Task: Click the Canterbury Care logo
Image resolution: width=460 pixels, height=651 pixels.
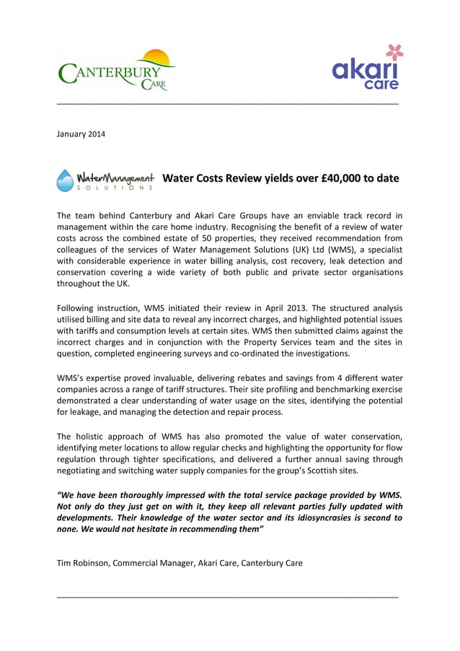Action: [x=115, y=71]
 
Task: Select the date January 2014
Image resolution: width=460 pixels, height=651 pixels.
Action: [x=80, y=134]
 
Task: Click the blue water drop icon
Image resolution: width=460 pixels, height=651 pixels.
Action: [x=65, y=180]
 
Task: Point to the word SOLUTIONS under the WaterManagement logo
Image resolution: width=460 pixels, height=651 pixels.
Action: [x=115, y=188]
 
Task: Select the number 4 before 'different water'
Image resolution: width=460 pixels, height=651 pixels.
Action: [x=306, y=379]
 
